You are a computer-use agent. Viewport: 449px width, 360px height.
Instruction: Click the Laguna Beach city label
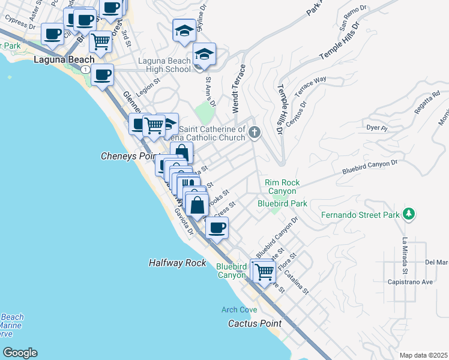(x=64, y=59)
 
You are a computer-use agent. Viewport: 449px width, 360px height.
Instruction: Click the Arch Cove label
(x=239, y=310)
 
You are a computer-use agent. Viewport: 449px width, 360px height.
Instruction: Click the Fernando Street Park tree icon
(x=408, y=214)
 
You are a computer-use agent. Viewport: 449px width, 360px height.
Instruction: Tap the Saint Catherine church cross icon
(x=255, y=132)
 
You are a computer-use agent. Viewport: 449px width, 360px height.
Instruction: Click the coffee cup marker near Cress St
(x=217, y=228)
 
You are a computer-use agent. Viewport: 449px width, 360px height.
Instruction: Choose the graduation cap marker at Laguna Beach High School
(x=204, y=55)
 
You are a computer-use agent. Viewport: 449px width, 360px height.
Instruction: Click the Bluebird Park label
(x=282, y=204)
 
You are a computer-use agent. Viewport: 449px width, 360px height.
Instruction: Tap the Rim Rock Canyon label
(x=282, y=187)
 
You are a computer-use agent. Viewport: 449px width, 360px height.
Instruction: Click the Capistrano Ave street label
(x=410, y=281)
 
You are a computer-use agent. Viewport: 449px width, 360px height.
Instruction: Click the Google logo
(x=20, y=353)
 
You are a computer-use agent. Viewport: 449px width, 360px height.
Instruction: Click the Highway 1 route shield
(x=86, y=70)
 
